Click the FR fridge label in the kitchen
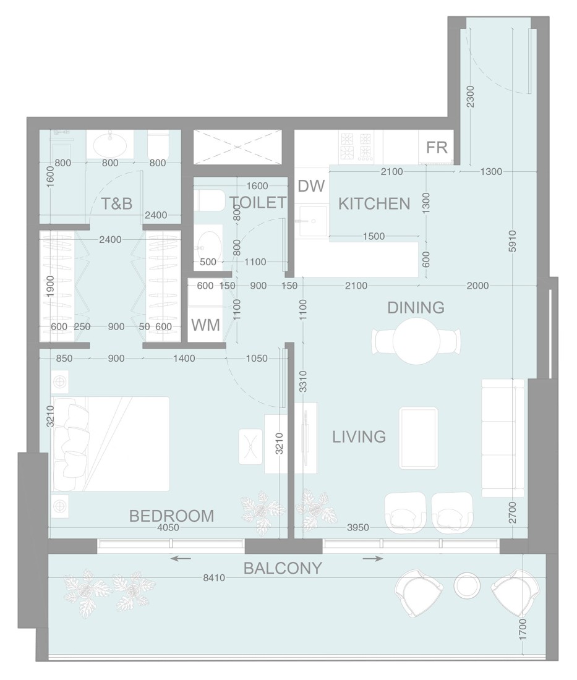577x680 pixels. coord(437,148)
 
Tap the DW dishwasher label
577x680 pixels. coord(310,186)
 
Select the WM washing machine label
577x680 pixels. coord(205,325)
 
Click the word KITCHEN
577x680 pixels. coord(374,203)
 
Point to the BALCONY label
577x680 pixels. coord(283,568)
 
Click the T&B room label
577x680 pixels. coord(117,203)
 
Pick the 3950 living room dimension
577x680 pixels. coord(357,527)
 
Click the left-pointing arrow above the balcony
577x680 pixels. coord(181,559)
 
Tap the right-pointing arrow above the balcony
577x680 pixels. coord(372,559)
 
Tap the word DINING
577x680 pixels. coord(416,307)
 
